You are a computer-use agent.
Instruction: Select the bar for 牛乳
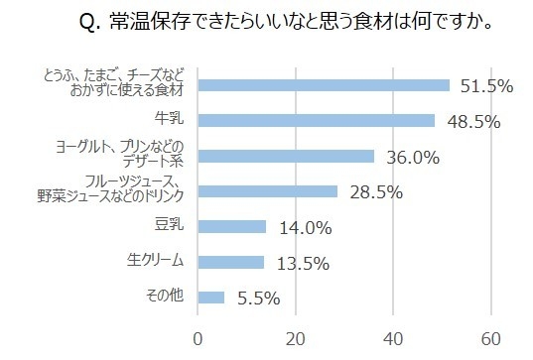tap(317, 120)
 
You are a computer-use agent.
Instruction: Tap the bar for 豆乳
tap(232, 226)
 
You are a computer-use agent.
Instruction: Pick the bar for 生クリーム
tap(231, 262)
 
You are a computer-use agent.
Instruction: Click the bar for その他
tap(211, 297)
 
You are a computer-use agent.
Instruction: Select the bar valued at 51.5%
tap(324, 85)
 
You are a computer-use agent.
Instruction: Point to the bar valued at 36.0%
tap(286, 156)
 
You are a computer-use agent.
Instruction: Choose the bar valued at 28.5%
tap(268, 191)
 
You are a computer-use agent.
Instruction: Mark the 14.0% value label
tap(301, 227)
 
